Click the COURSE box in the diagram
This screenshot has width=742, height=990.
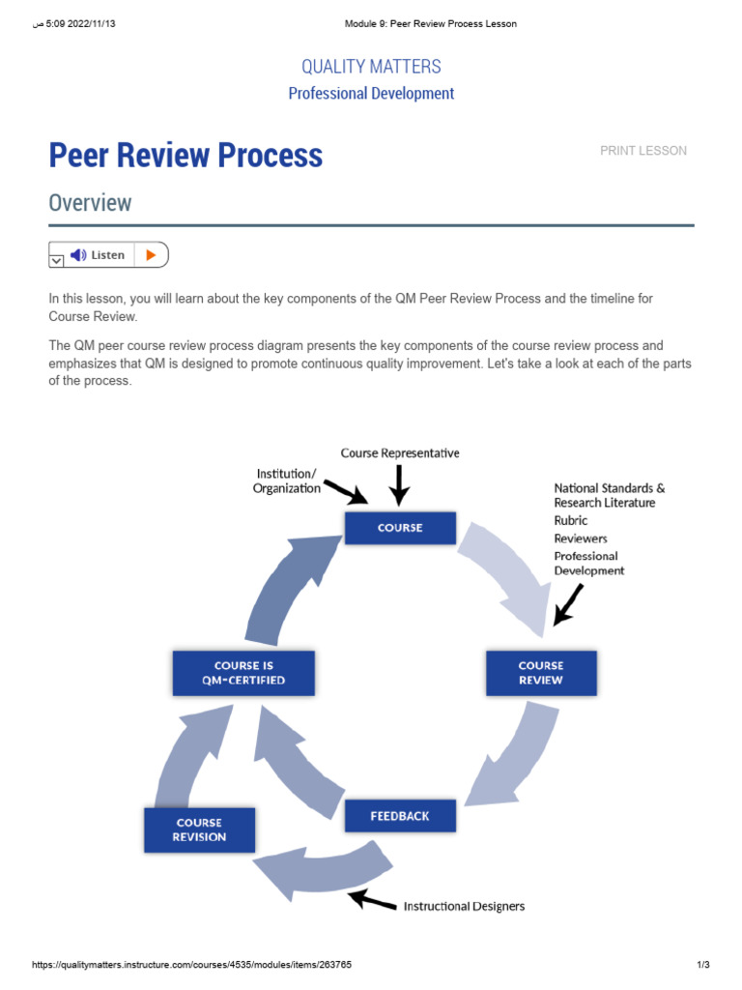400,528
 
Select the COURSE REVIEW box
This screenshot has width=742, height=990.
540,673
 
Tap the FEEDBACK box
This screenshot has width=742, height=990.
400,816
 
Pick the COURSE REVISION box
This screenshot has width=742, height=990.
199,830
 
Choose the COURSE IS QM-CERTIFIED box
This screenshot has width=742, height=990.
243,673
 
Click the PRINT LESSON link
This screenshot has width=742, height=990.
643,151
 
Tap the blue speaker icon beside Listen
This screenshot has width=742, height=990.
79,255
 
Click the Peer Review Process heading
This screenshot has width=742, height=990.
185,155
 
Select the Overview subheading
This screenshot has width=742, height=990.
90,203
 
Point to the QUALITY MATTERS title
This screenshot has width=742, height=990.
371,67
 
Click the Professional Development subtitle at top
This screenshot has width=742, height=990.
371,94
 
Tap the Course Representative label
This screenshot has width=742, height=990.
400,453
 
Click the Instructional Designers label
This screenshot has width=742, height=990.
464,906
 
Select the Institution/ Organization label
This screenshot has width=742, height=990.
287,480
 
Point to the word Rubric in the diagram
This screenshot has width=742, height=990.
571,520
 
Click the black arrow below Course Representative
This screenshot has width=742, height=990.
400,482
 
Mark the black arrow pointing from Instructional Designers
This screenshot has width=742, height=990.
373,900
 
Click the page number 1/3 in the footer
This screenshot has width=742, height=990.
703,966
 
